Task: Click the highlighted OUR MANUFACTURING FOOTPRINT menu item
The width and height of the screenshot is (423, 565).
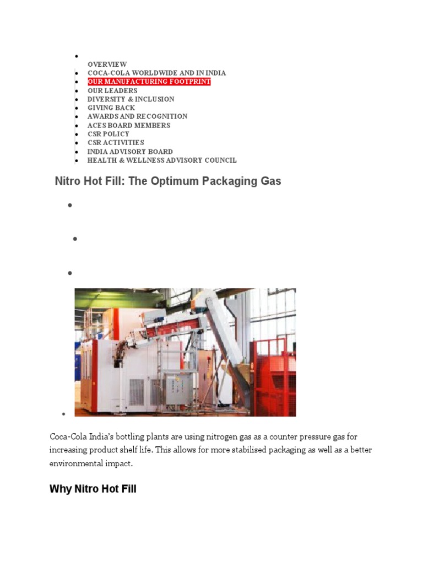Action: click(149, 82)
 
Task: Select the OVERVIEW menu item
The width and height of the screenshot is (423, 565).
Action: click(107, 64)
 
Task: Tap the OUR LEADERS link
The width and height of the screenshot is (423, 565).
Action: click(112, 90)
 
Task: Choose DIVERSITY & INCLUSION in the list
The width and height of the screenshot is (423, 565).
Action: click(131, 99)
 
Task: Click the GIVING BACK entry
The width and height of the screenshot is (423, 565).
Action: click(111, 108)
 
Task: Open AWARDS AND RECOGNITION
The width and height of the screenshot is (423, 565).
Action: click(137, 116)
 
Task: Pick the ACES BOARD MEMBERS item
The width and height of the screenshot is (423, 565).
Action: click(129, 125)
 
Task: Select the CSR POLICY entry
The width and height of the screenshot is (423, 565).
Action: click(109, 134)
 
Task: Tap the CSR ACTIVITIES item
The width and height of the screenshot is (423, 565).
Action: click(116, 142)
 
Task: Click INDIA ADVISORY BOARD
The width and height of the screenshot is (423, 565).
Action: click(130, 152)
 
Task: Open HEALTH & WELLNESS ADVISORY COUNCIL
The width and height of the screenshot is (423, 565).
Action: click(162, 161)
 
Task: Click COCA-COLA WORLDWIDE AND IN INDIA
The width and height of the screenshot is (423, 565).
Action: click(156, 73)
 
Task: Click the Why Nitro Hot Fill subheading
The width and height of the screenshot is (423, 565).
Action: click(93, 489)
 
